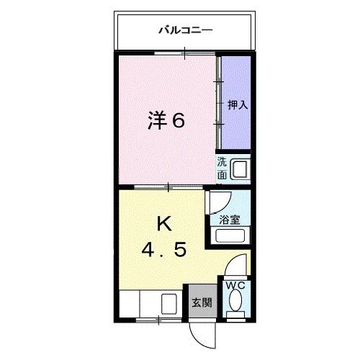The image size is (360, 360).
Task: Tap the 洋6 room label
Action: (x=166, y=120)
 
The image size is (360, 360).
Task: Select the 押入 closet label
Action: (x=237, y=105)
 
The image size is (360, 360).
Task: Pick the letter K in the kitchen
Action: (x=164, y=224)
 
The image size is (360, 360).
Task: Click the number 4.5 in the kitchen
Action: (x=163, y=251)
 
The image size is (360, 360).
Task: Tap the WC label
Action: (x=235, y=285)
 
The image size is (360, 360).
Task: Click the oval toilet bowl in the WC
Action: (x=235, y=305)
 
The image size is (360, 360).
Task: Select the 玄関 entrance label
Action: (x=202, y=302)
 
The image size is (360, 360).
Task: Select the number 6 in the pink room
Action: (x=178, y=120)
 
